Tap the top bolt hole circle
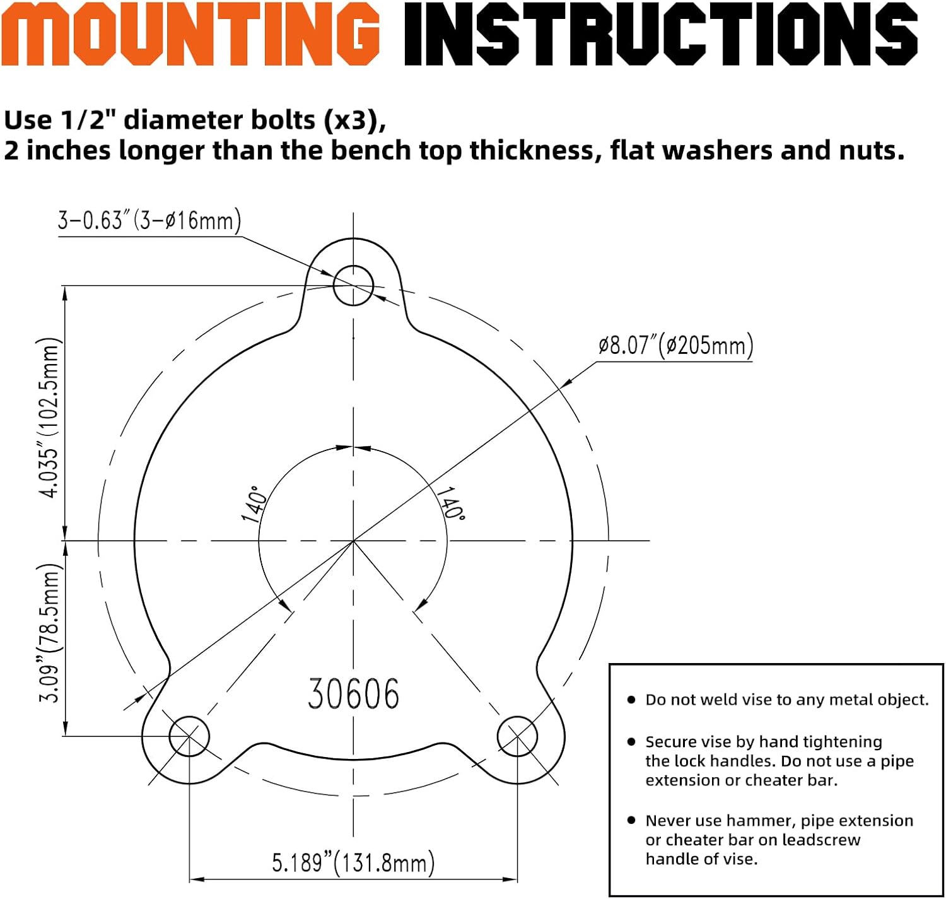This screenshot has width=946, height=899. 353,285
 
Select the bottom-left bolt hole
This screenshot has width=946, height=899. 190,736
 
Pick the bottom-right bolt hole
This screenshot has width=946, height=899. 517,736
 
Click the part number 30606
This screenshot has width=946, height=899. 354,694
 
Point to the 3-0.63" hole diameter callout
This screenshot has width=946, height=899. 149,221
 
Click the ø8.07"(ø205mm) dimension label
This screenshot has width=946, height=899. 675,345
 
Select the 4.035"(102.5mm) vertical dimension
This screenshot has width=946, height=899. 49,418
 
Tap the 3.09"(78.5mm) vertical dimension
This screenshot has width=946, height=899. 49,633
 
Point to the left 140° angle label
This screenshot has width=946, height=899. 254,503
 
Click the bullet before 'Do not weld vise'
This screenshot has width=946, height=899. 631,700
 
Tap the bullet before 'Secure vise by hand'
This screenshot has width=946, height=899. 631,741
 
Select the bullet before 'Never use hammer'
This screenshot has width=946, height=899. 631,820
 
